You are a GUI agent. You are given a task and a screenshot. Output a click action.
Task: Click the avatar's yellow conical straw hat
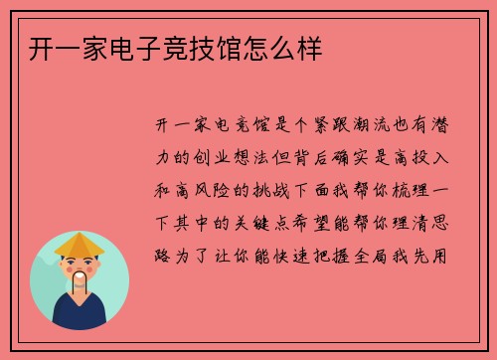79,244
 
